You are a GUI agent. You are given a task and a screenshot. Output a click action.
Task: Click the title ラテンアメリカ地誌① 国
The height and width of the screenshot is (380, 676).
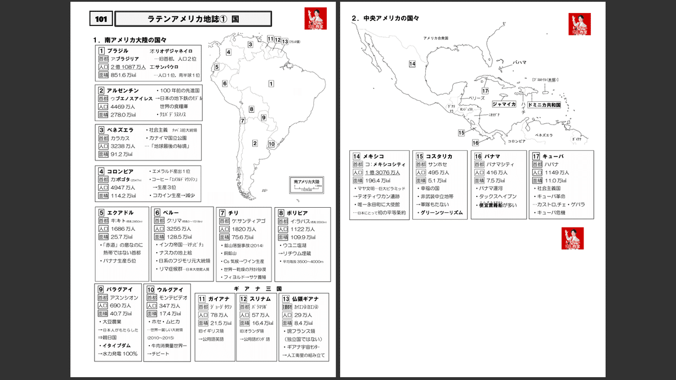pos(193,19)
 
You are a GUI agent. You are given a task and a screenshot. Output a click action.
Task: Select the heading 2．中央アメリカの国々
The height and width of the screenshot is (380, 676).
pos(385,18)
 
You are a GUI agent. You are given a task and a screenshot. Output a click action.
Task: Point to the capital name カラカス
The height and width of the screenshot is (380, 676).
pos(120,138)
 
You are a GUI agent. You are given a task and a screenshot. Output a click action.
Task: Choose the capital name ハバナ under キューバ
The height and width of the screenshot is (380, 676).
pos(544,164)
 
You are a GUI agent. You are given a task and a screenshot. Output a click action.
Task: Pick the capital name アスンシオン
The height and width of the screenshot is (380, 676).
pos(120,297)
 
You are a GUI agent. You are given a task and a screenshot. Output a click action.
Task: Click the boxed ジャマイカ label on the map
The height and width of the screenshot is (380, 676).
pos(504,104)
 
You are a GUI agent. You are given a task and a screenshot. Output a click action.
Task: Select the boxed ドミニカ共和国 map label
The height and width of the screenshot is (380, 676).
pos(544,105)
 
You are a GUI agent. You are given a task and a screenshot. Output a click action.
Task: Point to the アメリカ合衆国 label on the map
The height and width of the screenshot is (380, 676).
pos(435,38)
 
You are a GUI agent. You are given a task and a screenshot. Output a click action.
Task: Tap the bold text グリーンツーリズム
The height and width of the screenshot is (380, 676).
pos(442,213)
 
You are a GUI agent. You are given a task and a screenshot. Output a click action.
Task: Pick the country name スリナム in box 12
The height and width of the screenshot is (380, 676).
pos(260,298)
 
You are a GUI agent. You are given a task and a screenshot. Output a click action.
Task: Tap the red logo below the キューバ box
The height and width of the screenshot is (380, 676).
pos(572,238)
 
